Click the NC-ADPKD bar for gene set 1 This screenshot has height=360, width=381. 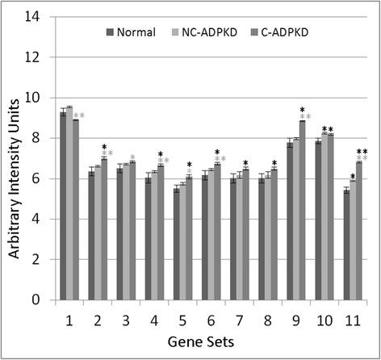[x=70, y=203]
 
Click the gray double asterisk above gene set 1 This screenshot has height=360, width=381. [x=78, y=117]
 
